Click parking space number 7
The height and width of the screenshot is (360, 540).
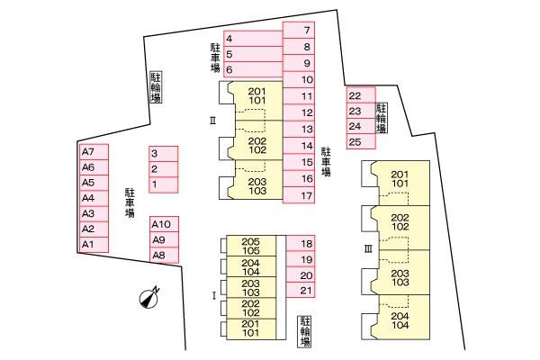click(x=298, y=31)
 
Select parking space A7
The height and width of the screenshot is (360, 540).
click(x=94, y=151)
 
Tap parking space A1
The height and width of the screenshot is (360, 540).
click(x=94, y=244)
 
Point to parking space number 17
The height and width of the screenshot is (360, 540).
click(x=298, y=194)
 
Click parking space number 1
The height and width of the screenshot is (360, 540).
click(x=163, y=184)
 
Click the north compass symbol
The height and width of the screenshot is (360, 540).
click(x=149, y=298)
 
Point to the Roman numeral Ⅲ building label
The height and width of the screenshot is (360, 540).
click(x=368, y=247)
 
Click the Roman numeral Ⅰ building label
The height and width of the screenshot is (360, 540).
click(x=213, y=294)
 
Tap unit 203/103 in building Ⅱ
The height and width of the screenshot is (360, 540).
click(x=257, y=186)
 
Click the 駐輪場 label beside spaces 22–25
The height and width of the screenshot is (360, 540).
click(x=382, y=118)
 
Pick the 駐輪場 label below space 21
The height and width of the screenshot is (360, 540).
click(x=305, y=331)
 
